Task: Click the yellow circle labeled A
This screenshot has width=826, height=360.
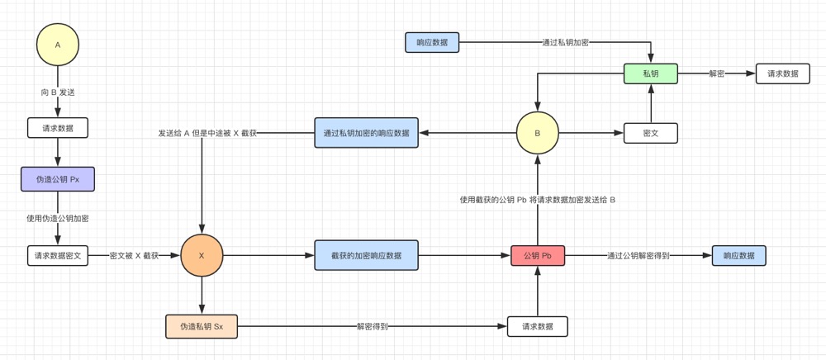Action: point(58,45)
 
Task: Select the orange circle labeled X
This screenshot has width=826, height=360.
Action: point(202,256)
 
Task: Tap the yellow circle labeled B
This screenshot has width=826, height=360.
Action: point(538,132)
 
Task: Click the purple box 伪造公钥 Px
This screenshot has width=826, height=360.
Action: point(58,179)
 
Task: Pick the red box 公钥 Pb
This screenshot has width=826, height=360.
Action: point(538,256)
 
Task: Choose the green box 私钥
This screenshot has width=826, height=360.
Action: point(651,73)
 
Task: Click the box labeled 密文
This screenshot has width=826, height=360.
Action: point(651,133)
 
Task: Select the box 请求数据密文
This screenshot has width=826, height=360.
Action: point(58,256)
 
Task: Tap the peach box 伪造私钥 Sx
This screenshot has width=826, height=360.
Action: point(202,326)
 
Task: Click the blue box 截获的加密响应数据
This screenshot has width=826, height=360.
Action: point(366,256)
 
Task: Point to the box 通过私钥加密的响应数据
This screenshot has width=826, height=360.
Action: point(366,133)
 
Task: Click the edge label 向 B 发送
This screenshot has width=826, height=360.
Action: point(58,92)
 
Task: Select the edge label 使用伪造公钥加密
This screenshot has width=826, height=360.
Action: point(58,219)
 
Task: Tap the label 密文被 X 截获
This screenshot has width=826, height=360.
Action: point(134,256)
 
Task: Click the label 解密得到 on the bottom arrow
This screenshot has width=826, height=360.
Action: point(372,326)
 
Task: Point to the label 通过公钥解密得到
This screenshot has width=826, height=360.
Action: point(638,256)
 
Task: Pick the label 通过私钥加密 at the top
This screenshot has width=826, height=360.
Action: point(565,41)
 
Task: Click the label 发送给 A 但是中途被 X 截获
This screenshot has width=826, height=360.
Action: point(207,133)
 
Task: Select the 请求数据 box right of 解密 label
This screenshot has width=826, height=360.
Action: point(782,73)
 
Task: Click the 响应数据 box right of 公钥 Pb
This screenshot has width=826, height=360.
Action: point(738,256)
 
